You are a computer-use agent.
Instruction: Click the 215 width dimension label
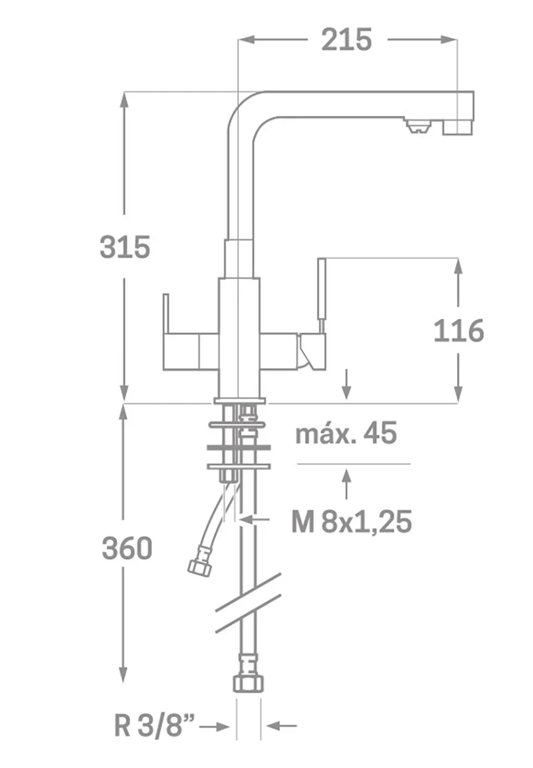346,40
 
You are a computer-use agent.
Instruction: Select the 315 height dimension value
125,247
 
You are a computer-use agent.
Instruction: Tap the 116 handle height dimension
458,331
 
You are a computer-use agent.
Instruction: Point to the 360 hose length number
127,548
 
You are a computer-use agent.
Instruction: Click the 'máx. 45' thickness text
346,433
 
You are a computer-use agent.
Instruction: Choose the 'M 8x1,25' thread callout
351,521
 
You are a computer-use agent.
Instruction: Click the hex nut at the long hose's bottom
249,682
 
